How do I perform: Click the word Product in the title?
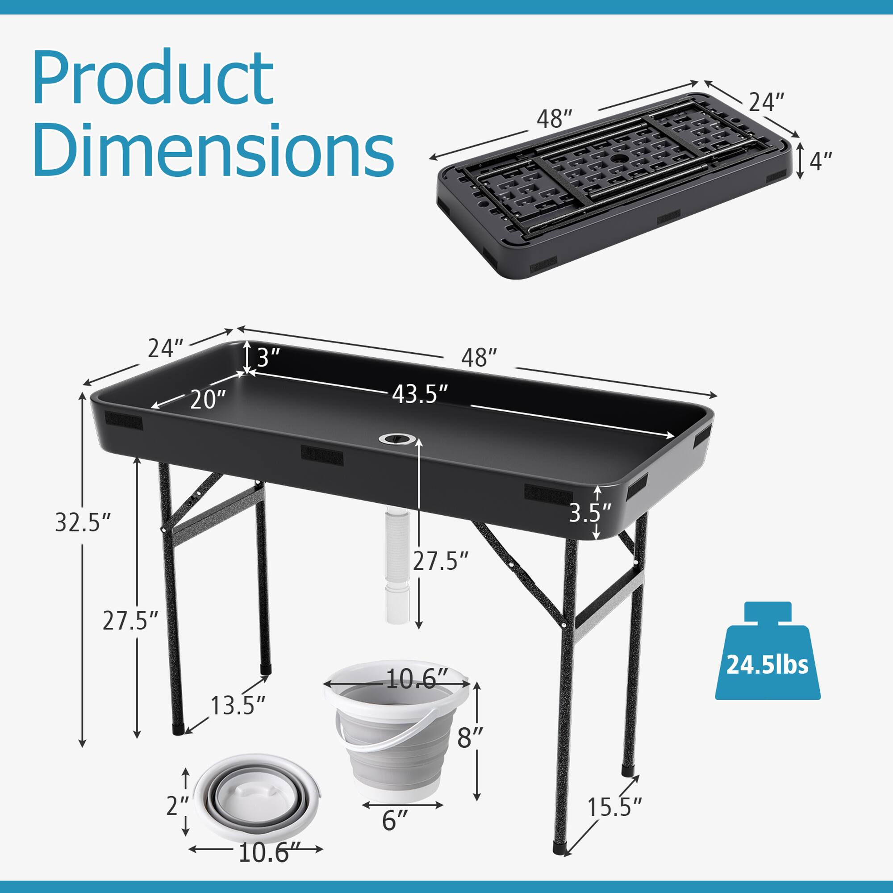click(x=153, y=79)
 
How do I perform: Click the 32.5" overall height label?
click(x=83, y=523)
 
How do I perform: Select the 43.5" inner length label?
click(x=420, y=394)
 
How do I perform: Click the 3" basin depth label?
click(x=268, y=357)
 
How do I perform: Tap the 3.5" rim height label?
click(x=589, y=513)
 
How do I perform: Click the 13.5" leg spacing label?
click(x=238, y=705)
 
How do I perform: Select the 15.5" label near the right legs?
click(x=614, y=807)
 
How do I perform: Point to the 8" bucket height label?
click(x=471, y=738)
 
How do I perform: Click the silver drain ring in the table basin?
click(x=397, y=438)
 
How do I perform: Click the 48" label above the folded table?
click(x=554, y=119)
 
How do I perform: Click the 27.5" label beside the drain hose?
click(x=441, y=561)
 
